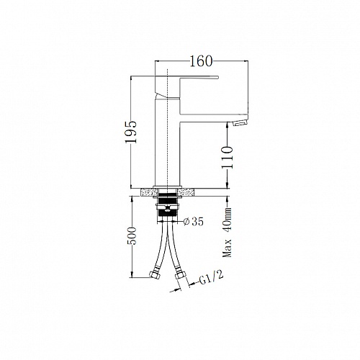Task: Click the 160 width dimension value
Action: click(201, 61)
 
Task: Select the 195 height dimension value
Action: click(131, 132)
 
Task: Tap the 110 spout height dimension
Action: click(228, 158)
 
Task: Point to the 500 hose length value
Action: click(132, 235)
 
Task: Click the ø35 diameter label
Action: click(193, 222)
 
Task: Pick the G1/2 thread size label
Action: click(211, 278)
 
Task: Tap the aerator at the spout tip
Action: click(240, 123)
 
